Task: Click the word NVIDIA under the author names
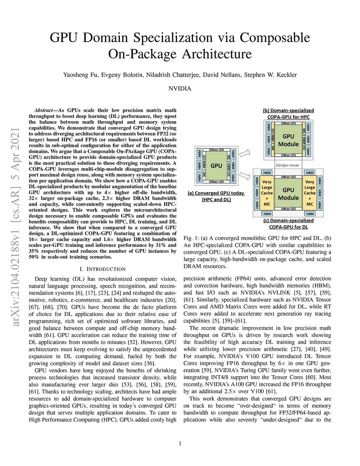tap(179, 89)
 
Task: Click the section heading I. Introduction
tap(102, 269)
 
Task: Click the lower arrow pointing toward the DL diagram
tap(247, 176)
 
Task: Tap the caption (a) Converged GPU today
tap(216, 196)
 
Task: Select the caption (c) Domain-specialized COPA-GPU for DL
tap(288, 224)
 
